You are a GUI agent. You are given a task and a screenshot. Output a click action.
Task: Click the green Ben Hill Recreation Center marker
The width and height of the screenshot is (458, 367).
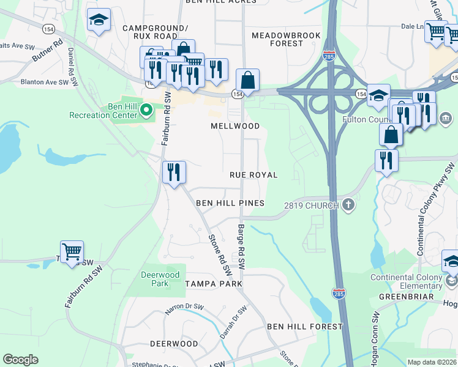coord(146,110)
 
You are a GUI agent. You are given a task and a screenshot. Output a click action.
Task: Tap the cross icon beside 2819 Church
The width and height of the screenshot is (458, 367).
coord(348,205)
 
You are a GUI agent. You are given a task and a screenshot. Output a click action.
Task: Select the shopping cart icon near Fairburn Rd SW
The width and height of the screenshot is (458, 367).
coord(72,251)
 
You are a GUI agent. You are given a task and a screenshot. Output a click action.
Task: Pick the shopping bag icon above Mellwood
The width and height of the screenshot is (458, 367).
coord(247,80)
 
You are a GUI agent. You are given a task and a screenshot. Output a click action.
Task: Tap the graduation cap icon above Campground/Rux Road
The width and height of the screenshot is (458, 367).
coord(99,20)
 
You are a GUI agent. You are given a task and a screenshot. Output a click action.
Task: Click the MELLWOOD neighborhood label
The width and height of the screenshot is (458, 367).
coord(235,126)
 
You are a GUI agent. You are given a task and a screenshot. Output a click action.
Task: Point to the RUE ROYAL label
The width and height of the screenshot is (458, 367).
coord(253,175)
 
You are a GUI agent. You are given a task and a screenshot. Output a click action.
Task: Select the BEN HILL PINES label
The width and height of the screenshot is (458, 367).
coord(230,203)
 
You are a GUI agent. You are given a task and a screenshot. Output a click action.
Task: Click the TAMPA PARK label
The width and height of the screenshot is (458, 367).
coord(214,284)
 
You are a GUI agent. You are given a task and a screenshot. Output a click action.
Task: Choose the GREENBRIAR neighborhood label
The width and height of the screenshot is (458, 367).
coord(406,297)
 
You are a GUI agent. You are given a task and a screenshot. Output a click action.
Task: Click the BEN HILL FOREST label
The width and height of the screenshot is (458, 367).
coord(304,327)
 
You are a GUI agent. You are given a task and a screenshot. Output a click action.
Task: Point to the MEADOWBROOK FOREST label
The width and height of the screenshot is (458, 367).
coord(286,40)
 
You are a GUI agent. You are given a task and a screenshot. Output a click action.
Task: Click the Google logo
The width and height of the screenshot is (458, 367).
coord(20,360)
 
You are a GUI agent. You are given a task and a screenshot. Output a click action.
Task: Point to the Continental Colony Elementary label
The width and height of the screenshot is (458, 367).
coord(406,281)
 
